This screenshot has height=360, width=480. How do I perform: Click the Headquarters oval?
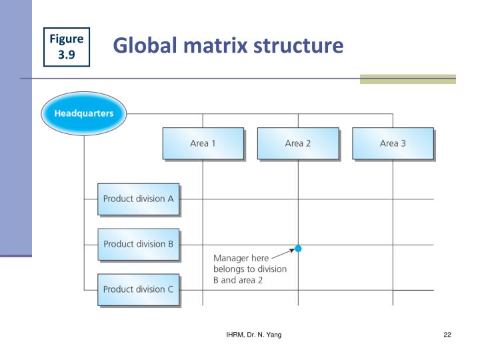click(83, 113)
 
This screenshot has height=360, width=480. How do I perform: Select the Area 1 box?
click(203, 143)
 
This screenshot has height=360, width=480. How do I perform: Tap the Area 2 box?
click(298, 143)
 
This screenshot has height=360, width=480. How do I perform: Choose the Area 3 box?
click(393, 143)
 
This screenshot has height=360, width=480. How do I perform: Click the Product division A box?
click(138, 199)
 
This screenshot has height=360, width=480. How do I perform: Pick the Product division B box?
click(138, 244)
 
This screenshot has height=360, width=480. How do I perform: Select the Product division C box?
click(138, 289)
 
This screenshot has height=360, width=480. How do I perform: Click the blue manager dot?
click(298, 249)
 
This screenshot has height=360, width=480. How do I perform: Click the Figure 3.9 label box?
click(66, 47)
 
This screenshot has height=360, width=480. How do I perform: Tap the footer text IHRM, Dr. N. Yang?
click(253, 334)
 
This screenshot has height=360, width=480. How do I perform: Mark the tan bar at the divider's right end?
click(407, 79)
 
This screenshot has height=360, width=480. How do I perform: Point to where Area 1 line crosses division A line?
click(203, 199)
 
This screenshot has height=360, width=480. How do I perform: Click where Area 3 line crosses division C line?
click(393, 290)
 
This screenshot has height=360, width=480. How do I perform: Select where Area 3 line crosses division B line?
click(393, 245)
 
